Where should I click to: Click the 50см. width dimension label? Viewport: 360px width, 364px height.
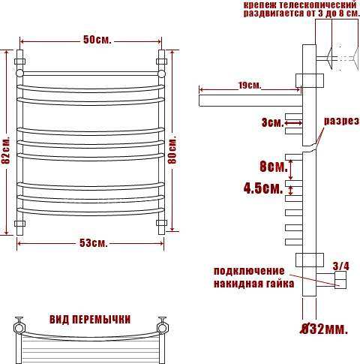97,40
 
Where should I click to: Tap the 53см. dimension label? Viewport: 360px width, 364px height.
94,243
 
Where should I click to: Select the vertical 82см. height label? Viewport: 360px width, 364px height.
6,150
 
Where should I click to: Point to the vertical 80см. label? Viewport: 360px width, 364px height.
172,149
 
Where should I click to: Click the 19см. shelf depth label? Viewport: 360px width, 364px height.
250,86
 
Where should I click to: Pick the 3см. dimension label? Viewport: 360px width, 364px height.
273,122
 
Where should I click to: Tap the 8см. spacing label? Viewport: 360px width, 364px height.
274,167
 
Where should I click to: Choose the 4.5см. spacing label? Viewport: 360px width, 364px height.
263,188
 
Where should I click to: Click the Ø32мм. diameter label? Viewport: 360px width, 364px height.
324,329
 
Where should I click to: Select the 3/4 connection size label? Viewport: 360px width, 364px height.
341,266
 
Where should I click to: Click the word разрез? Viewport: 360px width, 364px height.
341,121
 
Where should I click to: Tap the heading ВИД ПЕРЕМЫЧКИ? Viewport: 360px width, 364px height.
90,320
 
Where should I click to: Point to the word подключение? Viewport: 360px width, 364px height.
249,271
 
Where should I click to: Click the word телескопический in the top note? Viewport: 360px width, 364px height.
317,5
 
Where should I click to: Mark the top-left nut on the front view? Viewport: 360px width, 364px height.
19,62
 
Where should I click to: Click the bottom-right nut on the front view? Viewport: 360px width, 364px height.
161,223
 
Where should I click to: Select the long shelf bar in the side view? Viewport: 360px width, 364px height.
250,101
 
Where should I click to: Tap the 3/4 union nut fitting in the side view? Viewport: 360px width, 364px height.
340,280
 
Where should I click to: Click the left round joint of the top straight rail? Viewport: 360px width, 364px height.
19,74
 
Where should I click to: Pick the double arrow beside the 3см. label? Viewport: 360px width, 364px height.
293,123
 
